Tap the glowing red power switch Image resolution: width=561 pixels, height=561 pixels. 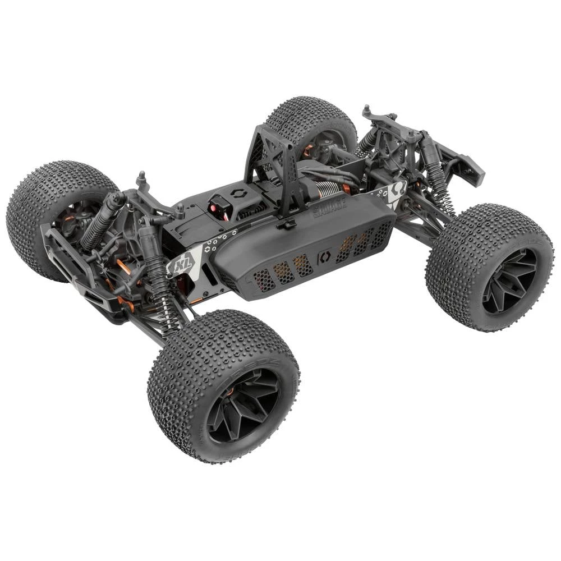[x=215, y=209]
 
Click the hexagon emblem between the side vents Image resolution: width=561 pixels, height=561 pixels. [x=324, y=257]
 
